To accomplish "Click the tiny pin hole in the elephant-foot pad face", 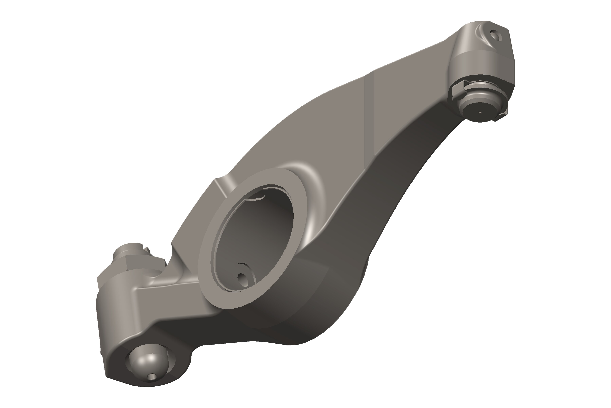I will [480, 113].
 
